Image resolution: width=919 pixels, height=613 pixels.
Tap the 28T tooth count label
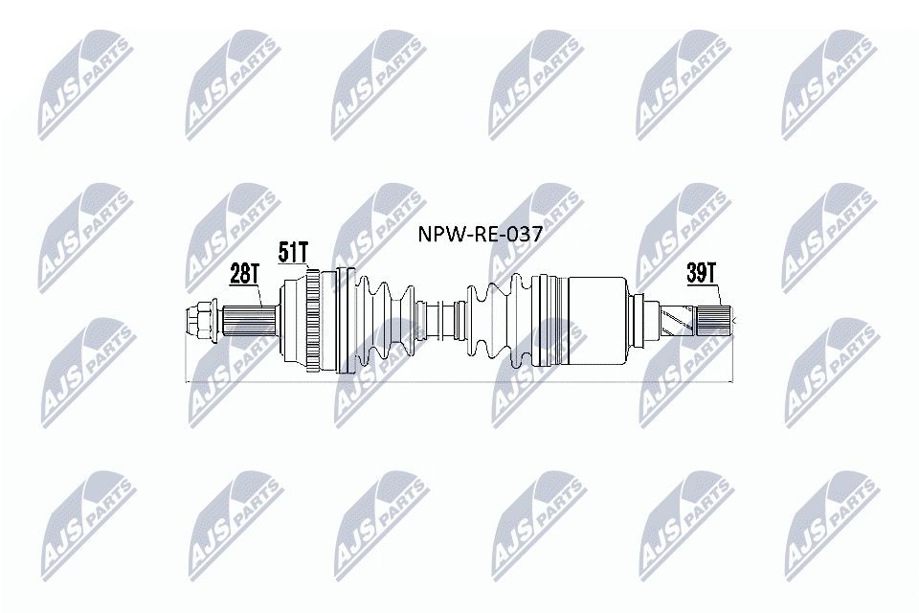click(x=245, y=274)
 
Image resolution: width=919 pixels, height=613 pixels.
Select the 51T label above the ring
click(x=293, y=252)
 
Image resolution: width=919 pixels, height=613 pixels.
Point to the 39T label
click(x=701, y=273)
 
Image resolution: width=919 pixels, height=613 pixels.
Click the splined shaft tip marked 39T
click(x=716, y=317)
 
